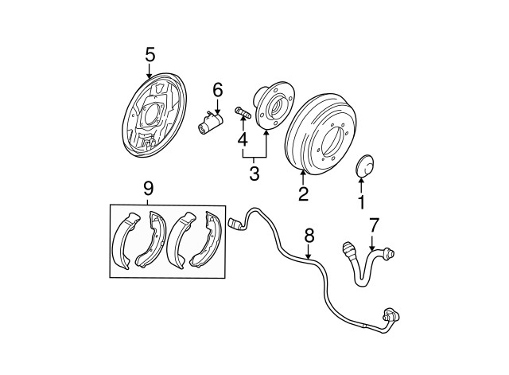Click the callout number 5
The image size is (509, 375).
point(150,54)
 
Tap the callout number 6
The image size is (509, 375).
point(217,91)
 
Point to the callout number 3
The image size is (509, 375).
point(254,172)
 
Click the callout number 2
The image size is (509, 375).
point(302,193)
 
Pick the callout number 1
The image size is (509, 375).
point(361,202)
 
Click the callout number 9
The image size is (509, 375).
point(148,189)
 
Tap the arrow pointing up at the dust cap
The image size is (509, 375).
point(361,186)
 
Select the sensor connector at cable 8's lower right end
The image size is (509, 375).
point(389,316)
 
